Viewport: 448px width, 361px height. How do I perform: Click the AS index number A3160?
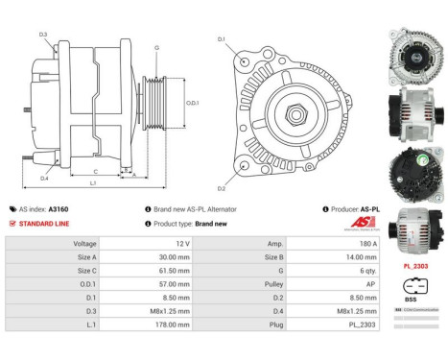coord(59,208)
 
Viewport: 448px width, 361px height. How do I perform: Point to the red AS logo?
coord(364,223)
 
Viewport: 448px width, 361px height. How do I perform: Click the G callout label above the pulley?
coord(156,47)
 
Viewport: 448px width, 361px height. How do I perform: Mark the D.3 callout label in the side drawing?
coord(44,36)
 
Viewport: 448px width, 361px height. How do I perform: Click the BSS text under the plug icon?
coord(411,299)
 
